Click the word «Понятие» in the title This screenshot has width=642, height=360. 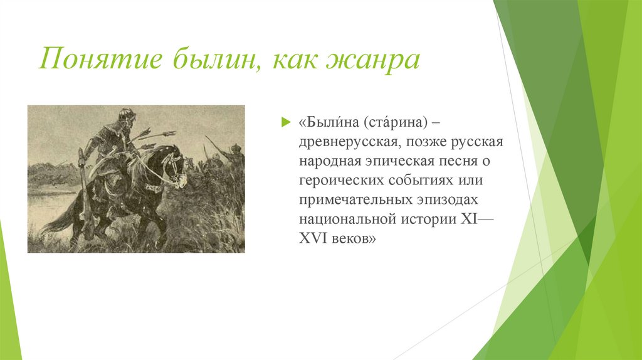tap(101, 59)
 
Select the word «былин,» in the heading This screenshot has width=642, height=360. tap(217, 59)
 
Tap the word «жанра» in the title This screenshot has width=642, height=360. tap(373, 61)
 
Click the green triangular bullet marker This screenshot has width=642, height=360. tap(285, 122)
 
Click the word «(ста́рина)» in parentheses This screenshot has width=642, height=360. tap(396, 122)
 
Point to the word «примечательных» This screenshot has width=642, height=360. tap(355, 200)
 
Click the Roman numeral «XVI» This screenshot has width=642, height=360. tap(313, 238)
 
